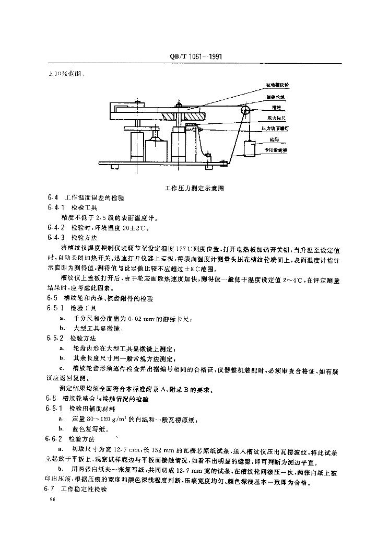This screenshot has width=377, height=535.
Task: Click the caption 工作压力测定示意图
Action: point(195,188)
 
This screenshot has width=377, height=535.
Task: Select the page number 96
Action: point(51,501)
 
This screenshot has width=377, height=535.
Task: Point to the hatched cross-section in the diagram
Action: point(179,116)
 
